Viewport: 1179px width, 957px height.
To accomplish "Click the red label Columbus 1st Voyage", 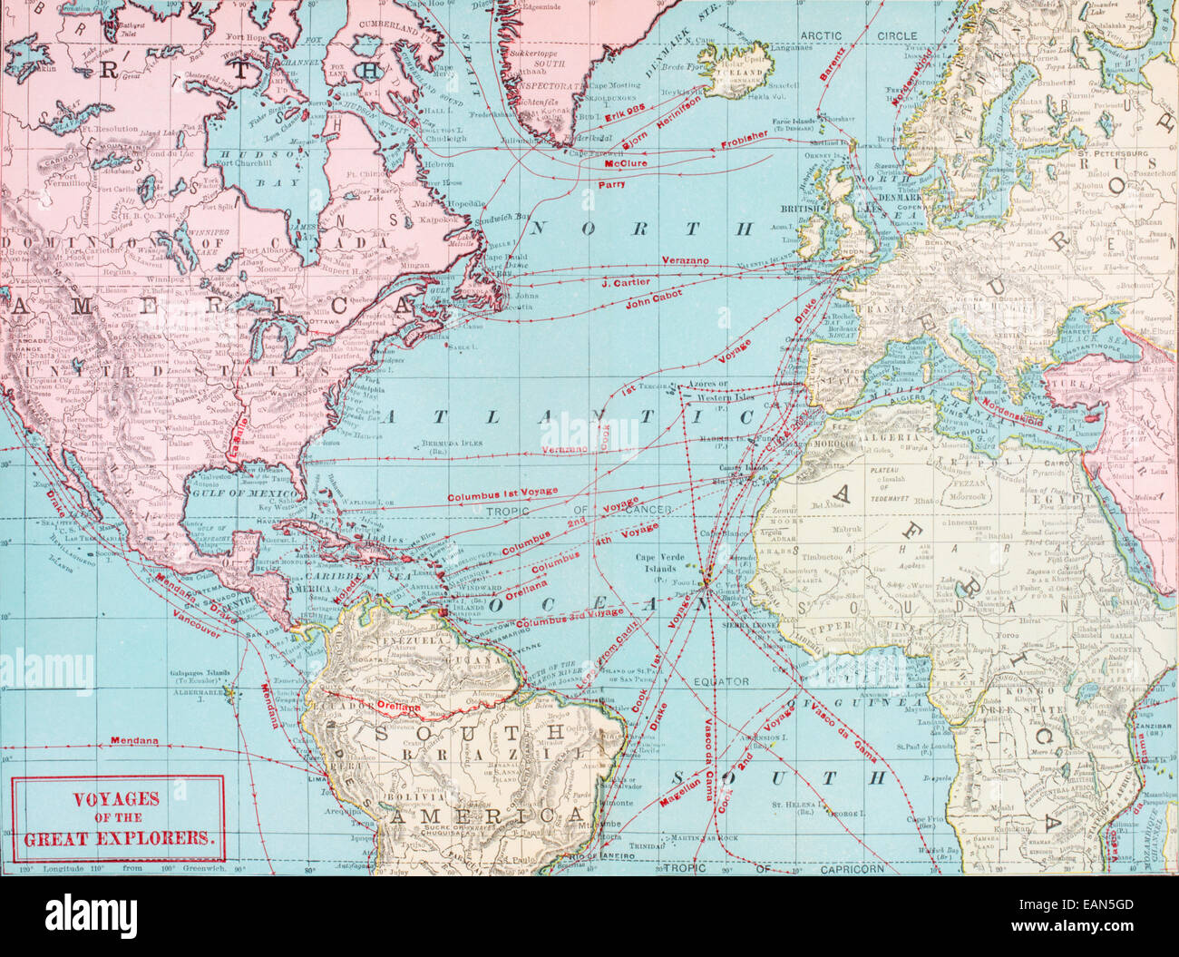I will click(x=502, y=494).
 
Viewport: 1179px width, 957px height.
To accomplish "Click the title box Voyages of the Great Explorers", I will click(x=118, y=817).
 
